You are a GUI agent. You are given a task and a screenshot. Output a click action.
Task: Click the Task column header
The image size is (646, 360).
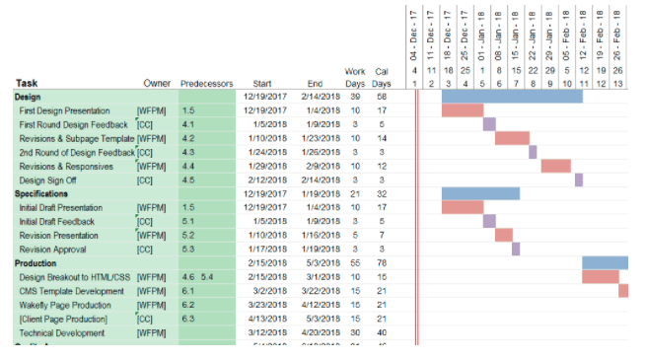(x=27, y=84)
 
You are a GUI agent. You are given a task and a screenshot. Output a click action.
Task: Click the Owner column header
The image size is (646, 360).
(x=158, y=84)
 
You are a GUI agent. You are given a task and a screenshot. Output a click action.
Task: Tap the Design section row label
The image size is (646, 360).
(x=29, y=98)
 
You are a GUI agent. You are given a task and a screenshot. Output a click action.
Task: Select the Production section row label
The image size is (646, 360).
(x=36, y=263)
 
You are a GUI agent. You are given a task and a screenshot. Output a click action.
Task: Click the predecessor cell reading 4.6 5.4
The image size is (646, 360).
(x=197, y=277)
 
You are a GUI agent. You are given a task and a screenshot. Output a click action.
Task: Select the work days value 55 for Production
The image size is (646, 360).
(x=355, y=263)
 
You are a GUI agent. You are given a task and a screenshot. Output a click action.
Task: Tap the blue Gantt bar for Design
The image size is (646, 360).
(x=512, y=97)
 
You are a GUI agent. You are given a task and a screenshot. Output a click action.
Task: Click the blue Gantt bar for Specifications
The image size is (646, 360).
(x=480, y=193)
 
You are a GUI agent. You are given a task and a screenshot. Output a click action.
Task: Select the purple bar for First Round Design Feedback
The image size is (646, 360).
(x=489, y=124)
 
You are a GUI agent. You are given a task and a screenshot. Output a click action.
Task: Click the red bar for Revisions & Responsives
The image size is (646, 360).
(x=556, y=166)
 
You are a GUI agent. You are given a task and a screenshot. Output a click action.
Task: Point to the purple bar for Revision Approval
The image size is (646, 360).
(x=516, y=249)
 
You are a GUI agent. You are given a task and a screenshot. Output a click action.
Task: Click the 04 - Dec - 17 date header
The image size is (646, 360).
(x=415, y=35)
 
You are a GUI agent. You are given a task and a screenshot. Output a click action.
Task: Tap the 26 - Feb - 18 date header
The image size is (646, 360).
(x=617, y=35)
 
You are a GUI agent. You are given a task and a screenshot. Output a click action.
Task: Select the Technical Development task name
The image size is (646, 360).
(x=61, y=332)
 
